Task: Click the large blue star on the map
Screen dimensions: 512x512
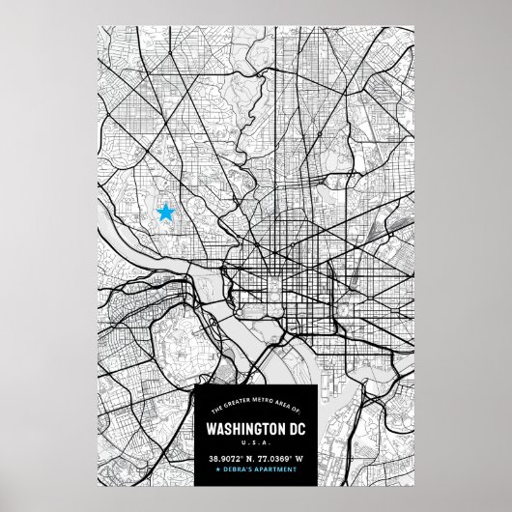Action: (166, 213)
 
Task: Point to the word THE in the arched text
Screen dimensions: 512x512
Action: (217, 408)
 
